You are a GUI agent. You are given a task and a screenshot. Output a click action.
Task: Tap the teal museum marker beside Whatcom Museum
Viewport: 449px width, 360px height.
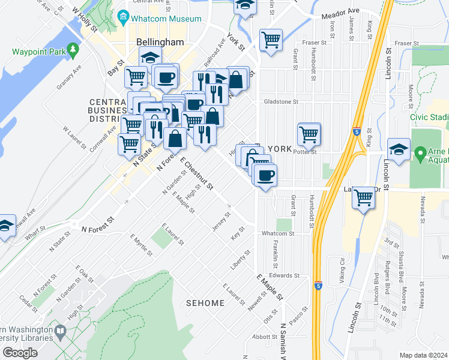(x=124, y=16)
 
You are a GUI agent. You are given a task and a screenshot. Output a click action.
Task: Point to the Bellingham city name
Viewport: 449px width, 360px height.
(x=160, y=43)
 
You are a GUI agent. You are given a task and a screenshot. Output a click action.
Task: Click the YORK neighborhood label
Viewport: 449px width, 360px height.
(x=280, y=149)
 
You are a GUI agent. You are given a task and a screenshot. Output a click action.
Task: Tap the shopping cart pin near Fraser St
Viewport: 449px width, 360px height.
(x=271, y=40)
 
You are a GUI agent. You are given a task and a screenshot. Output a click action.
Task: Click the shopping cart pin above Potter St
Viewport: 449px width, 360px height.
(x=309, y=134)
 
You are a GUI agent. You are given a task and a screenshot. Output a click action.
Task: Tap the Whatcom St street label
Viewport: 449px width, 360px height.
(x=276, y=233)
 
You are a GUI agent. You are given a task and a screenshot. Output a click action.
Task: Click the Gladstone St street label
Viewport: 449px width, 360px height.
(x=281, y=102)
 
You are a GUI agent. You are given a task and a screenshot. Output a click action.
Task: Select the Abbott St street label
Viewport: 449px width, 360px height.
(x=264, y=337)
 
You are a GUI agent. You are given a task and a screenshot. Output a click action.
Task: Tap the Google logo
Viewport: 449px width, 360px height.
(x=20, y=352)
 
